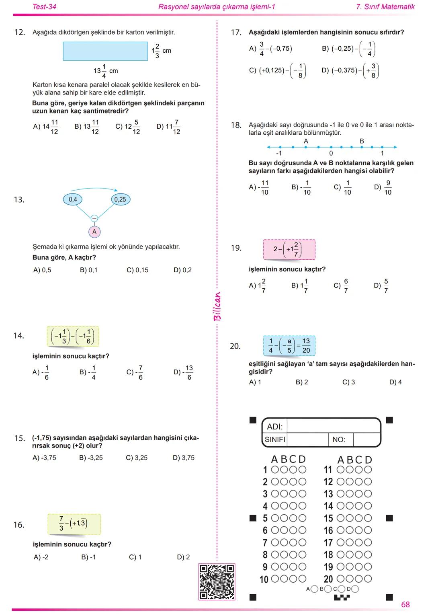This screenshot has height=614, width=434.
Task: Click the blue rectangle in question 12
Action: click(105, 51)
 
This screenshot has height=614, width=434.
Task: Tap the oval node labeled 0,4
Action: click(73, 199)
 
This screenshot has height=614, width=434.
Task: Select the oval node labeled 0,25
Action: click(120, 199)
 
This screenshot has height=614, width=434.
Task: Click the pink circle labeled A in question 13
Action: click(94, 232)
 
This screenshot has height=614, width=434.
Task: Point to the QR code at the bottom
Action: click(217, 582)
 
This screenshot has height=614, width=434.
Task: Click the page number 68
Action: click(405, 604)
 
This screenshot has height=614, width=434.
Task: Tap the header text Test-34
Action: click(44, 7)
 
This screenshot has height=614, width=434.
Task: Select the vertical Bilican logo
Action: click(217, 306)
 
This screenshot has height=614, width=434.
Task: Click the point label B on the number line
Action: click(362, 141)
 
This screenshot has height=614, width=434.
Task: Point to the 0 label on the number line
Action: click(331, 153)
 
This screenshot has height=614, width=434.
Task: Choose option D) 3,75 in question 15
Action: click(184, 458)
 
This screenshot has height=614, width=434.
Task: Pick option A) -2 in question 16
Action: click(41, 557)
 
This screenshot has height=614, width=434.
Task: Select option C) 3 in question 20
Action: click(348, 382)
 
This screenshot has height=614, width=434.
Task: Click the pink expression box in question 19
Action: click(289, 249)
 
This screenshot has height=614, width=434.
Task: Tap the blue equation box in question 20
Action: click(289, 346)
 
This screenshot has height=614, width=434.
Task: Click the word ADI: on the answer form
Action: click(275, 427)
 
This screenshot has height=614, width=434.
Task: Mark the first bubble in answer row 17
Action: click(341, 542)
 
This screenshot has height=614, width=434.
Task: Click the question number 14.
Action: click(19, 336)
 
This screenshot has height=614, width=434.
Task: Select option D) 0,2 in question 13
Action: click(182, 270)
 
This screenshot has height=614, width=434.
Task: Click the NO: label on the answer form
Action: click(339, 439)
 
